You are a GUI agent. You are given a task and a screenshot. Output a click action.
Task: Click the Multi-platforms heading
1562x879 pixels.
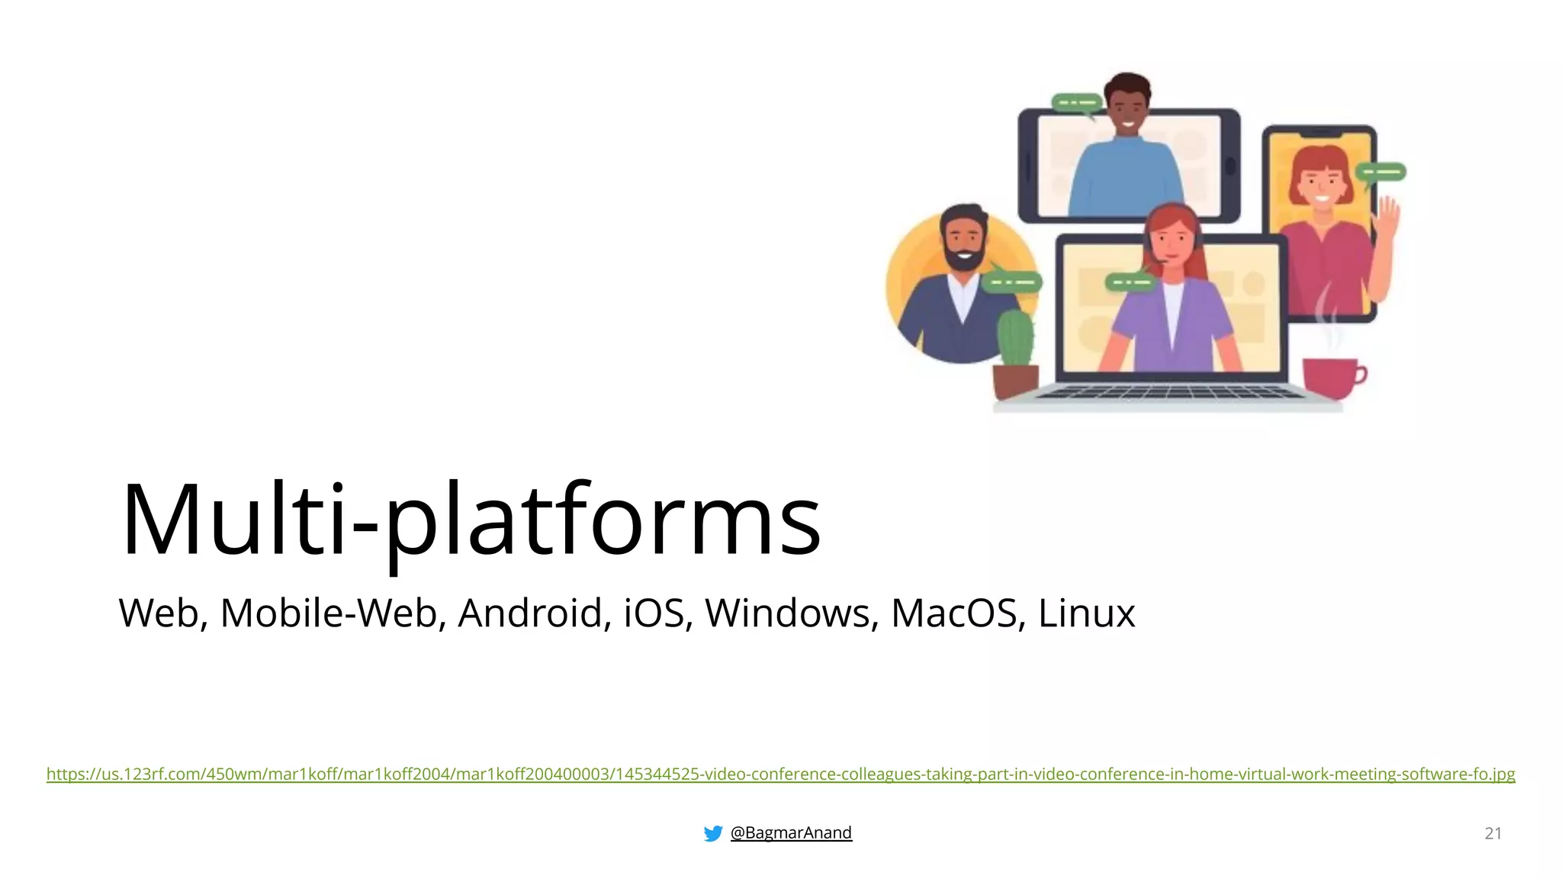pos(471,520)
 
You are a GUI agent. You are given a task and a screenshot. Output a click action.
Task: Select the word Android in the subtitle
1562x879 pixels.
pos(530,613)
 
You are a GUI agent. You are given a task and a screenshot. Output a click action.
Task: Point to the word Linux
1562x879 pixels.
pos(1086,613)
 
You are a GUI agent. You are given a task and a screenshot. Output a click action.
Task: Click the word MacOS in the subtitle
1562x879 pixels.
pos(953,613)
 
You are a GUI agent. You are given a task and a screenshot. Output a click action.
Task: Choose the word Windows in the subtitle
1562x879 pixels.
pos(787,613)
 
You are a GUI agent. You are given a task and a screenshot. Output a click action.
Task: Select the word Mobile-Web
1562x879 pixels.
pos(328,613)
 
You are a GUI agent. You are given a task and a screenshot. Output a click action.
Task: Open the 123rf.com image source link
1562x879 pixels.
pos(780,774)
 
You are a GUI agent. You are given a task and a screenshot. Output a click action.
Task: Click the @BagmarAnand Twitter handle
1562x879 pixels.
pos(791,832)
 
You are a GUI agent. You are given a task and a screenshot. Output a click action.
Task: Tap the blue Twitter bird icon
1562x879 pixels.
pos(713,833)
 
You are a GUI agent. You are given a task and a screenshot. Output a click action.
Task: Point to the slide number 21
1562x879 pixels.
pos(1493,833)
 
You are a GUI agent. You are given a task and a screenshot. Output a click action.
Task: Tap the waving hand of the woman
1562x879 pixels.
pos(1387,217)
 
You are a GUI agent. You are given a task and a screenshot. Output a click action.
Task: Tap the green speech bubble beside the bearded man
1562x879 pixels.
pos(1012,282)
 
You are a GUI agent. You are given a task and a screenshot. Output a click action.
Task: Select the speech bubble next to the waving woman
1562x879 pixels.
pos(1382,172)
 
